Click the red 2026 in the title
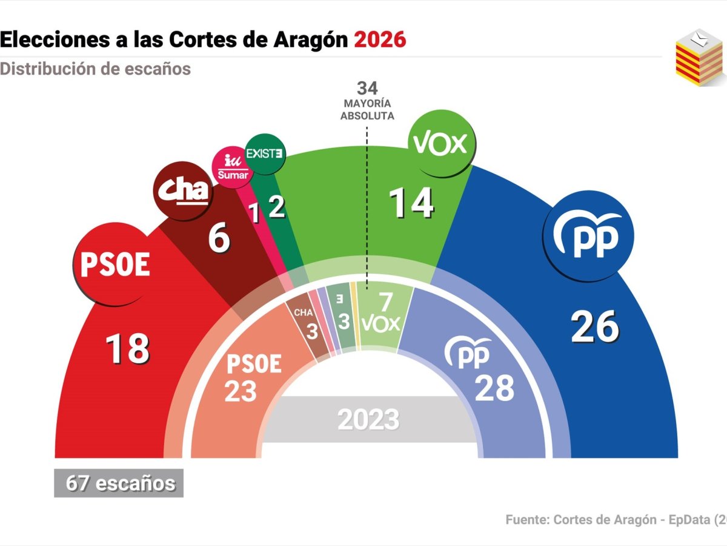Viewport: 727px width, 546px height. [x=380, y=40]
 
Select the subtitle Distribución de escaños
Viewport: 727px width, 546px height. [x=95, y=69]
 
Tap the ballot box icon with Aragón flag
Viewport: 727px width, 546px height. [x=699, y=58]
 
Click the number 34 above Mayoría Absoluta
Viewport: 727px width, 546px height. [x=367, y=89]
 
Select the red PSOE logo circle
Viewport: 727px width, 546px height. [x=115, y=266]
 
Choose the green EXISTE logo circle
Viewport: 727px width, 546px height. [x=264, y=153]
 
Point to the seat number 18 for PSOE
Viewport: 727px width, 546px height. [x=127, y=349]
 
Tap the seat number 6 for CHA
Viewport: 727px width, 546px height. [x=219, y=239]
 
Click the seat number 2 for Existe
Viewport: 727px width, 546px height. [x=277, y=208]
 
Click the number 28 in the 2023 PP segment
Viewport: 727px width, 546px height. [x=494, y=388]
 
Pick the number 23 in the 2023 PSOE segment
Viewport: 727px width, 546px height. [x=241, y=391]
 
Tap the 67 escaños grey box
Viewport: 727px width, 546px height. [x=119, y=484]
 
